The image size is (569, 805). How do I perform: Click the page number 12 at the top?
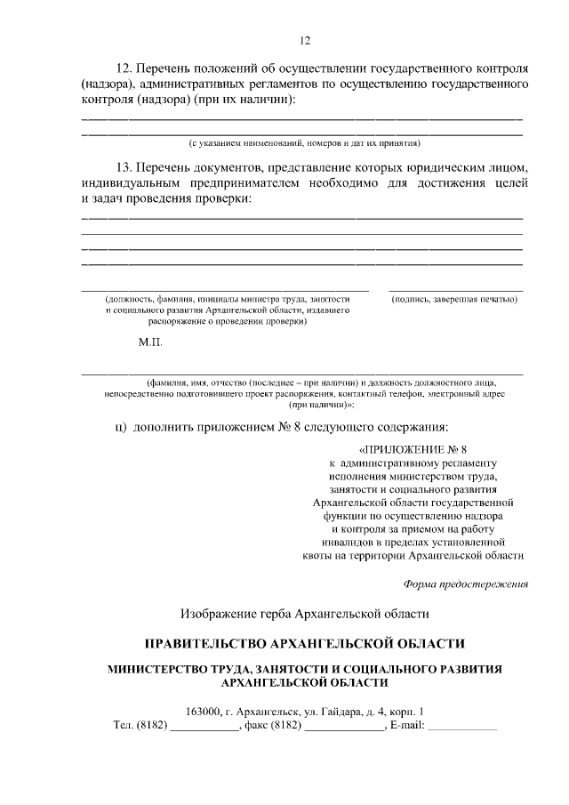[x=303, y=40]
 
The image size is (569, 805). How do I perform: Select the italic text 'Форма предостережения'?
[x=466, y=584]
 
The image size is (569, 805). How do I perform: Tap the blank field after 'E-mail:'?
[x=463, y=728]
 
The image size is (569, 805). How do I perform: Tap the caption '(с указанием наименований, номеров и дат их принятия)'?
[x=303, y=142]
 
